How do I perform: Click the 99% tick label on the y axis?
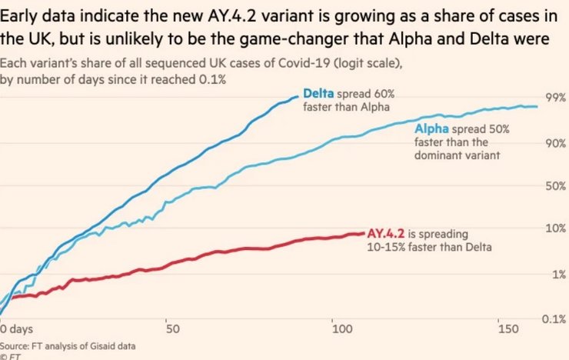[554, 98]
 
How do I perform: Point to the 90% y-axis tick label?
[554, 143]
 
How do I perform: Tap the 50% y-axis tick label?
[554, 185]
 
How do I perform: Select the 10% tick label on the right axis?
[554, 228]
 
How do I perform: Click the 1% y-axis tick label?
[557, 274]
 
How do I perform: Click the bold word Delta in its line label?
[318, 93]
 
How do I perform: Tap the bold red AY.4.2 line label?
[386, 233]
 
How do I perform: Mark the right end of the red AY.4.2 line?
[364, 233]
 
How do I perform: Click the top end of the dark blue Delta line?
[298, 96]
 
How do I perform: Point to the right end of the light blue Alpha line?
[537, 106]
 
